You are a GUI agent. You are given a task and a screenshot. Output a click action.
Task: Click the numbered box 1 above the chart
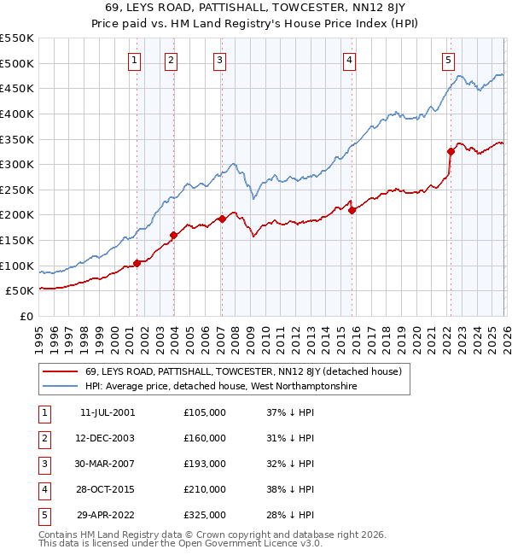tap(136, 60)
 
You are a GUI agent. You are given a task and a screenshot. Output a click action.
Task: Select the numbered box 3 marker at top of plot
tap(220, 60)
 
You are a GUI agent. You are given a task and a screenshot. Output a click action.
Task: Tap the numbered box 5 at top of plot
tap(449, 60)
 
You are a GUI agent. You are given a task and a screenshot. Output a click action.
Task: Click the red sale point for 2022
tap(451, 152)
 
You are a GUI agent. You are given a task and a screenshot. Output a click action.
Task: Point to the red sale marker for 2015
tap(352, 210)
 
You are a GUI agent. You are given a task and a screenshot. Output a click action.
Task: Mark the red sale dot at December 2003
tap(173, 235)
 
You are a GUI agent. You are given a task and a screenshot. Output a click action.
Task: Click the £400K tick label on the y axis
tap(18, 114)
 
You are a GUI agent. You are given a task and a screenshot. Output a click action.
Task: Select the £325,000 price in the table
tap(205, 515)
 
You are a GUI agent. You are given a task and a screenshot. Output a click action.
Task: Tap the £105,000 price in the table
tap(205, 412)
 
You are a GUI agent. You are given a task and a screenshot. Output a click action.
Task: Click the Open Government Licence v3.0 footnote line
tap(181, 542)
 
